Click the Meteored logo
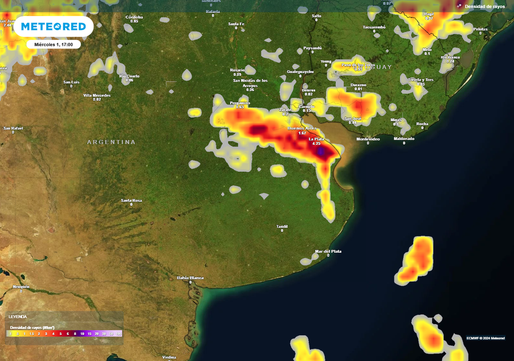click(53, 27)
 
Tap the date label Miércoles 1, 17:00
click(54, 45)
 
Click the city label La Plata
click(316, 138)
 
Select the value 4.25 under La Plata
click(316, 143)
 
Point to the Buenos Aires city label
click(301, 128)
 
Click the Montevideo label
click(368, 138)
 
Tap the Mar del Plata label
click(328, 251)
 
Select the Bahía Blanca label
click(190, 277)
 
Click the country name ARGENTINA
click(111, 142)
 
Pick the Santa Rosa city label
click(132, 200)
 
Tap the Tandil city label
click(282, 226)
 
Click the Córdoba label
click(134, 17)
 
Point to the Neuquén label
click(21, 287)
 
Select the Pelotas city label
click(480, 29)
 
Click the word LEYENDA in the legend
click(18, 317)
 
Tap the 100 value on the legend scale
click(118, 333)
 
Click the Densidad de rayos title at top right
click(484, 6)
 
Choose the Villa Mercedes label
click(97, 95)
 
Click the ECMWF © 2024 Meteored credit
click(485, 337)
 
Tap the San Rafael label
click(13, 128)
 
